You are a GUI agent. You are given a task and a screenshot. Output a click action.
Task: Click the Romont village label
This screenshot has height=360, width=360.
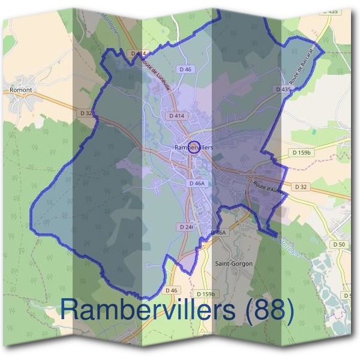click(x=20, y=89)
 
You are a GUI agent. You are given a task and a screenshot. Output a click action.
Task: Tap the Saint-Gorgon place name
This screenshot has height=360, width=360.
click(x=233, y=263)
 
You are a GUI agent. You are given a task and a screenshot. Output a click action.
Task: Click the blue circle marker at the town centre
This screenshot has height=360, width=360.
click(x=193, y=147)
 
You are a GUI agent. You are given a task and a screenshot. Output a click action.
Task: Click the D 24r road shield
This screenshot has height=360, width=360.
click(x=185, y=227)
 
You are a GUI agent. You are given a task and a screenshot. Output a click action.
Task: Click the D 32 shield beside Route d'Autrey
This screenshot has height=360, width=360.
click(x=302, y=187)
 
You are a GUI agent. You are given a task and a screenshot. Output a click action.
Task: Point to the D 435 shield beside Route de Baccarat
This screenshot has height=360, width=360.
click(x=283, y=89)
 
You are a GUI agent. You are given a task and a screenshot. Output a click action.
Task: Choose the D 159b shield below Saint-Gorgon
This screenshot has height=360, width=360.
click(x=206, y=294)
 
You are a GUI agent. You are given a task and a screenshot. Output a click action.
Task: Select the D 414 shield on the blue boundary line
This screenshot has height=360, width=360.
click(x=138, y=53)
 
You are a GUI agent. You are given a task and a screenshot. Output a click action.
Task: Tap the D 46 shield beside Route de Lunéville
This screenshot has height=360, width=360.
click(x=185, y=70)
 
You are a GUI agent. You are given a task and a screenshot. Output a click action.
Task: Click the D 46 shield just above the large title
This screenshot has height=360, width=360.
click(x=172, y=290)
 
